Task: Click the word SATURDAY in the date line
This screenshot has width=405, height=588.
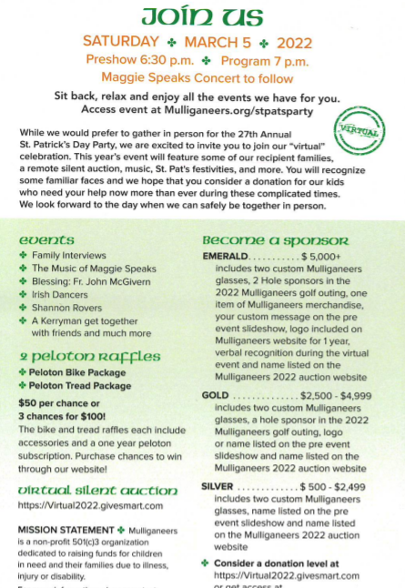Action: click(119, 42)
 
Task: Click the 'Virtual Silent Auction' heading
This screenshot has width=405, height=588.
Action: click(86, 489)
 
